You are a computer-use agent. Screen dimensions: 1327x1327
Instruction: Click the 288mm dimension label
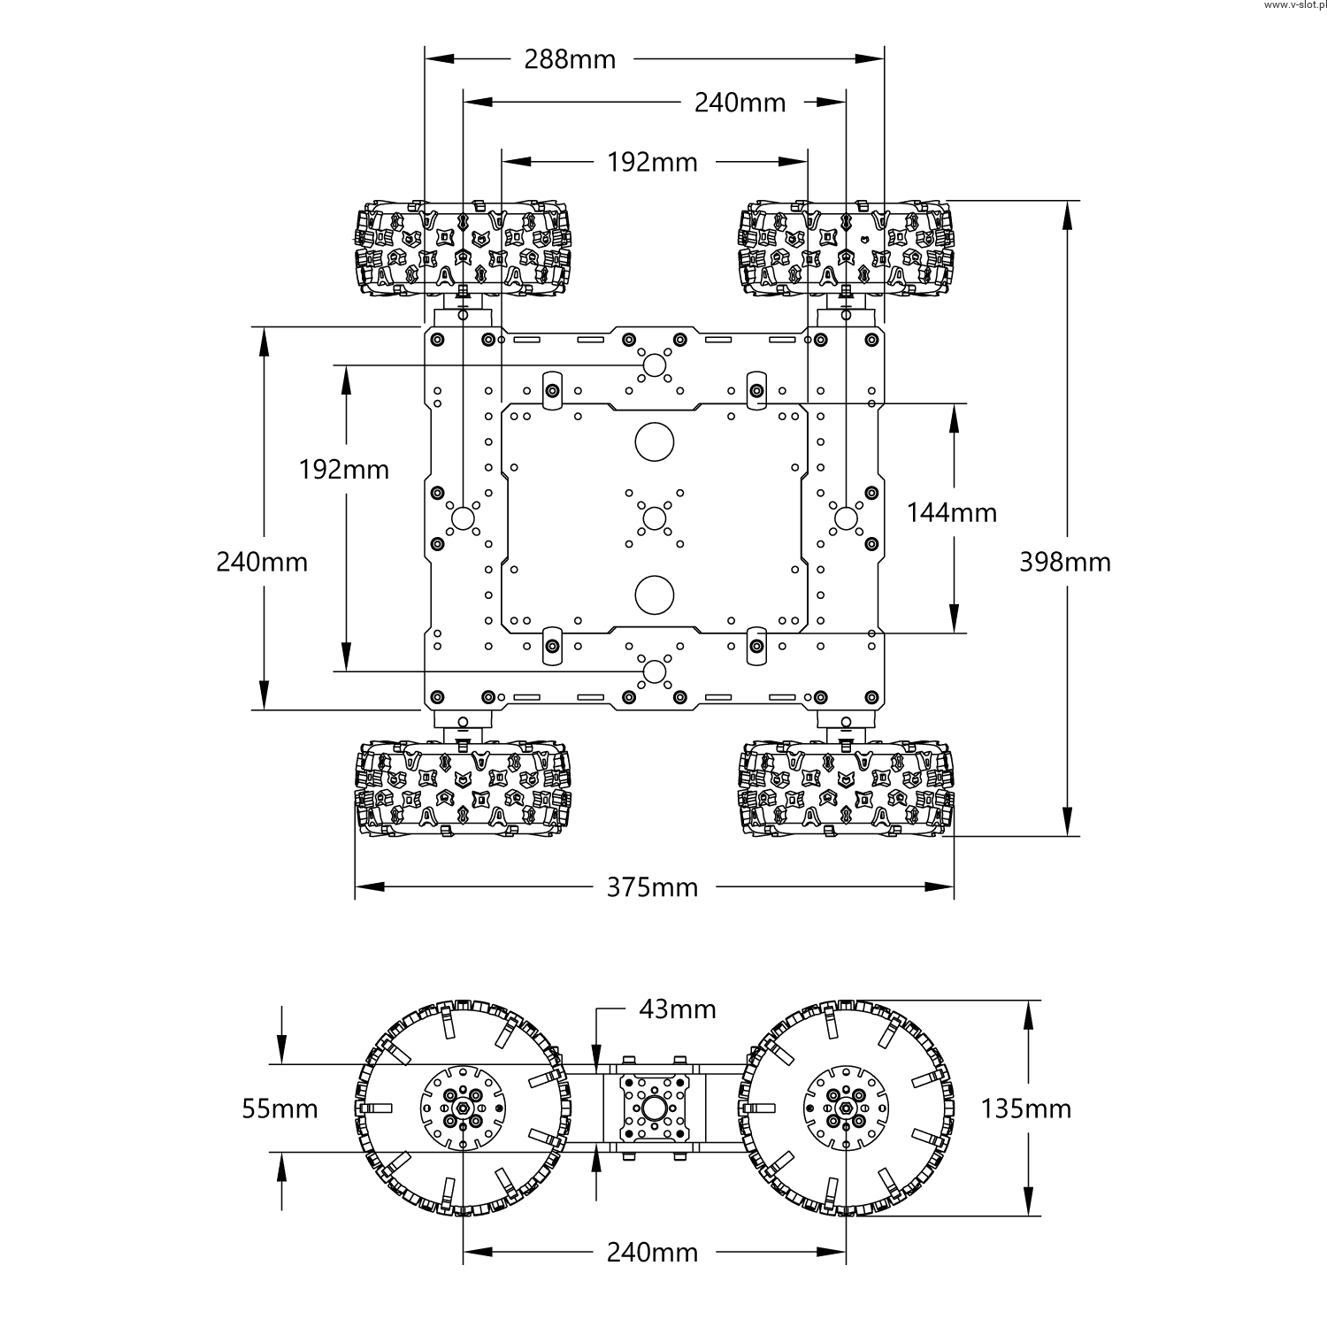click(570, 59)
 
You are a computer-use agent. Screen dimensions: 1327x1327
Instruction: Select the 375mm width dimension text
click(652, 886)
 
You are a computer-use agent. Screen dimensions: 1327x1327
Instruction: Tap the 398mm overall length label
click(1065, 562)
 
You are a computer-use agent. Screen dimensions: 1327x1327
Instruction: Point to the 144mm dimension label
click(952, 512)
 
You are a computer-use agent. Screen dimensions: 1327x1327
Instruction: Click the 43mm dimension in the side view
click(678, 1009)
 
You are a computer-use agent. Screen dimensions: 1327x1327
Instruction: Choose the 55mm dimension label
click(280, 1108)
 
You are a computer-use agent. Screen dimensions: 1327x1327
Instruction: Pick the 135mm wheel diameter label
click(1025, 1108)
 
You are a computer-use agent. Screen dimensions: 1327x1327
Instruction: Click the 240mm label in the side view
click(652, 1252)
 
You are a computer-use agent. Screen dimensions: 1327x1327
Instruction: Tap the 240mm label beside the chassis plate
click(262, 562)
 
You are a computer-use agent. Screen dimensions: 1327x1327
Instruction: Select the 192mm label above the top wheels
click(652, 162)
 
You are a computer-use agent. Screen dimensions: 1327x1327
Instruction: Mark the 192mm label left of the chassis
click(344, 469)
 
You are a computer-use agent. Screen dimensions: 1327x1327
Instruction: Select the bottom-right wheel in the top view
click(847, 789)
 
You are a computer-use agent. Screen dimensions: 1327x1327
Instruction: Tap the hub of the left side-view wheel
click(462, 1108)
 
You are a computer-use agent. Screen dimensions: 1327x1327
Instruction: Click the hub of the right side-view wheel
click(847, 1108)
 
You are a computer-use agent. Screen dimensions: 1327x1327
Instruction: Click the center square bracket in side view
click(654, 1108)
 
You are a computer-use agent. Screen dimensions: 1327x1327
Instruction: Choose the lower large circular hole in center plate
click(654, 594)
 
